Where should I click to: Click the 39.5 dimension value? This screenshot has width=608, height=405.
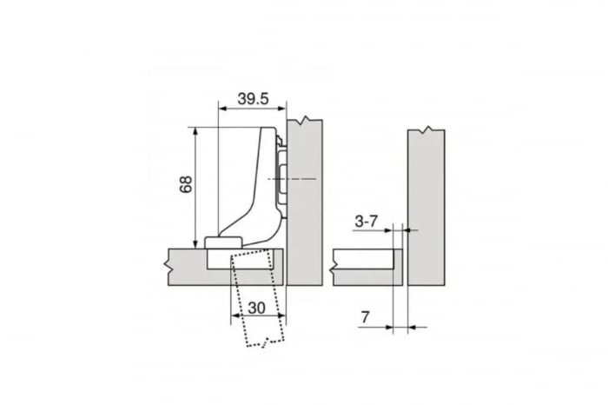(252, 99)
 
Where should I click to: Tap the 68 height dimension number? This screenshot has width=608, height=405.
(184, 186)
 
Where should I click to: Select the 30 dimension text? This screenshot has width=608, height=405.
(256, 307)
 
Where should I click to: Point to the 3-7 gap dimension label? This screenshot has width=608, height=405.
(366, 222)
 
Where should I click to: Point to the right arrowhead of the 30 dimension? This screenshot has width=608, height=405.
(278, 316)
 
